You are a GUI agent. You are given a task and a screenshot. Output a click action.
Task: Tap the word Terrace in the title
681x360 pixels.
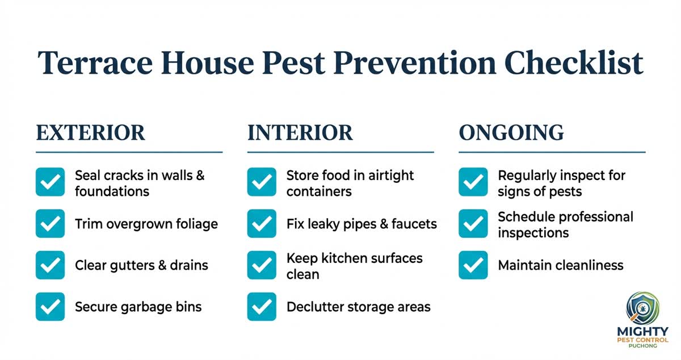[93, 64]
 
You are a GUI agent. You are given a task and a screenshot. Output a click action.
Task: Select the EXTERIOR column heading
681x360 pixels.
[91, 133]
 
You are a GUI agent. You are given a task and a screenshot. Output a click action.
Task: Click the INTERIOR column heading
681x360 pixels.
[300, 133]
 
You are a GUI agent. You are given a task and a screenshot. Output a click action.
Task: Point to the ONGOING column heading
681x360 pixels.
[511, 133]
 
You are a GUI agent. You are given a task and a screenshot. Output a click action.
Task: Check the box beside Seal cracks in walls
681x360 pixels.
[50, 182]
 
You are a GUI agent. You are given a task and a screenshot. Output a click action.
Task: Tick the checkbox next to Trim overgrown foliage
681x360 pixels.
[50, 224]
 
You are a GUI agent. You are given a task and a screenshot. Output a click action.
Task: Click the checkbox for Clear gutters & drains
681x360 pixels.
[50, 265]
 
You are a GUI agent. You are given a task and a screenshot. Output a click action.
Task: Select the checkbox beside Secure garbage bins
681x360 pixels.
[50, 307]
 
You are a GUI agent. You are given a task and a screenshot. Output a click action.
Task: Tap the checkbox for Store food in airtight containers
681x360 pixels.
[262, 182]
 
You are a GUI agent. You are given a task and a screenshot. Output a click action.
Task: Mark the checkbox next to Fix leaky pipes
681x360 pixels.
[262, 224]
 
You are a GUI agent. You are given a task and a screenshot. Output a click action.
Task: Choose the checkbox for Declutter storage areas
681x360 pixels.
[262, 307]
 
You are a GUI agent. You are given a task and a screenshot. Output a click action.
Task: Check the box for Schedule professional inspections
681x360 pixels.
[473, 224]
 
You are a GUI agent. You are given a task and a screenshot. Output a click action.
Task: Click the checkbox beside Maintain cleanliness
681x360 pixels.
[473, 265]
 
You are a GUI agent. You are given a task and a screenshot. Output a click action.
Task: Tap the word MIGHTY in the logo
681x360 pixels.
[642, 331]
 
